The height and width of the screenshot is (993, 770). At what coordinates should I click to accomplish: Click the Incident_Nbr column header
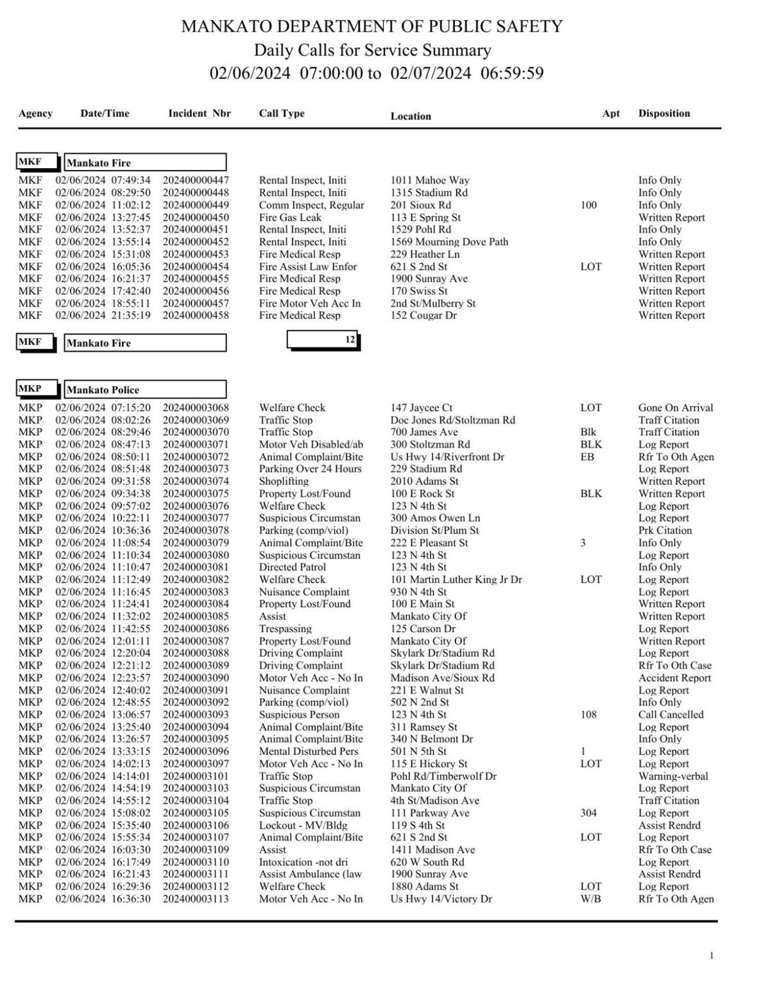coord(199,114)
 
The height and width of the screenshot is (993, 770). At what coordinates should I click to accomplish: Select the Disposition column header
coord(663,114)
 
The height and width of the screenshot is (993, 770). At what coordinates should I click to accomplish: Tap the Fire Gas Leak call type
coord(289,218)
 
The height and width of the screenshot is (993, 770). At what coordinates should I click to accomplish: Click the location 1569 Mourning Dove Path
coord(449,242)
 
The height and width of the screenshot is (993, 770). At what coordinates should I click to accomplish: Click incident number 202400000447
coord(195,180)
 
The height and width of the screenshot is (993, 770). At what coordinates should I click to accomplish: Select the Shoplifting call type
coord(284,481)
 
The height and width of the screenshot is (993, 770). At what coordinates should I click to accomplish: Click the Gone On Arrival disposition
coord(675,408)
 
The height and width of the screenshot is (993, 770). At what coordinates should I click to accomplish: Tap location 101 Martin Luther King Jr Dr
coord(456,580)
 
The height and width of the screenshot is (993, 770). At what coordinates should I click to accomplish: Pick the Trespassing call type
coord(285,629)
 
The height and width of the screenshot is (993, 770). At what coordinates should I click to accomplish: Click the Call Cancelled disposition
coord(671,714)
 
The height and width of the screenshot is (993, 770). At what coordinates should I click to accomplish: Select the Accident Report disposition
coord(674,678)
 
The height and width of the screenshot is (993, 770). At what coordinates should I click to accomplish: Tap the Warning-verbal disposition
coord(672,776)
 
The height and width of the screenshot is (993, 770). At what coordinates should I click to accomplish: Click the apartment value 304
coord(588,813)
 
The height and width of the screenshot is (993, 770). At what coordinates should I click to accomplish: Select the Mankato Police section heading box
coord(145,390)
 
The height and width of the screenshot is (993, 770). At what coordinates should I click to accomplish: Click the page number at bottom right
coord(711,956)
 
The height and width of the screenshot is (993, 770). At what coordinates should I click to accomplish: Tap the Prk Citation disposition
coord(665,531)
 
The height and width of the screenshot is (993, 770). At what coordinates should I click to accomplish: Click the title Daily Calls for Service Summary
coord(372,50)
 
